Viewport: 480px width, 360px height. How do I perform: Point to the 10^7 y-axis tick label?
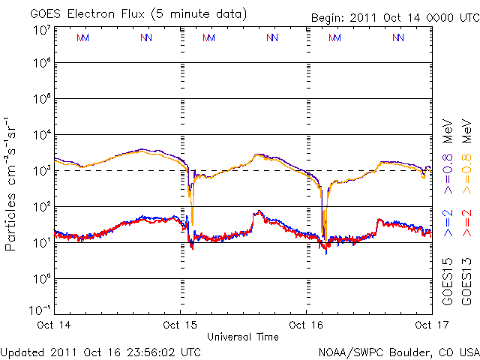(x=40, y=31)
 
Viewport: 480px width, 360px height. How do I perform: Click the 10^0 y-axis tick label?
(x=40, y=279)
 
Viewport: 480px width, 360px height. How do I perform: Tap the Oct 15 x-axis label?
(x=180, y=325)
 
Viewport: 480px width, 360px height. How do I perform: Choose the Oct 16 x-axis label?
(x=306, y=325)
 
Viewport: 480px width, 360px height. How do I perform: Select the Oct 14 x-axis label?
(x=55, y=325)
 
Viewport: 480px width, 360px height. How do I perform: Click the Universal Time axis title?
(x=243, y=337)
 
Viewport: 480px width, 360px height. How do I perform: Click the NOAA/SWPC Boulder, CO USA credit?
(x=398, y=351)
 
